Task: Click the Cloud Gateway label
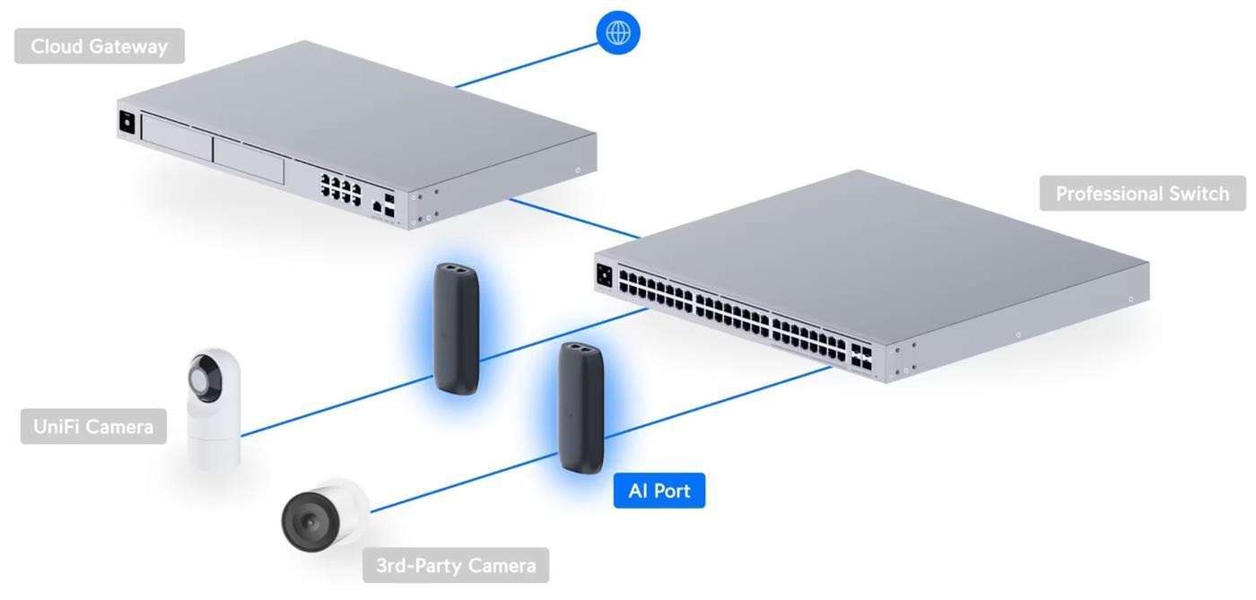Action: pyautogui.click(x=99, y=47)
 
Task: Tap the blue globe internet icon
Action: pyautogui.click(x=618, y=33)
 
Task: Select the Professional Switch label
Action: pyautogui.click(x=1142, y=194)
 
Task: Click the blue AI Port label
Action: pyautogui.click(x=659, y=491)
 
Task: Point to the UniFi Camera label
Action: pyautogui.click(x=93, y=427)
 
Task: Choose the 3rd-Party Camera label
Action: pyautogui.click(x=456, y=566)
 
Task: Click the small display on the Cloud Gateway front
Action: pyautogui.click(x=126, y=123)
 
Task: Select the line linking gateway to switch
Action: pyautogui.click(x=574, y=220)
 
